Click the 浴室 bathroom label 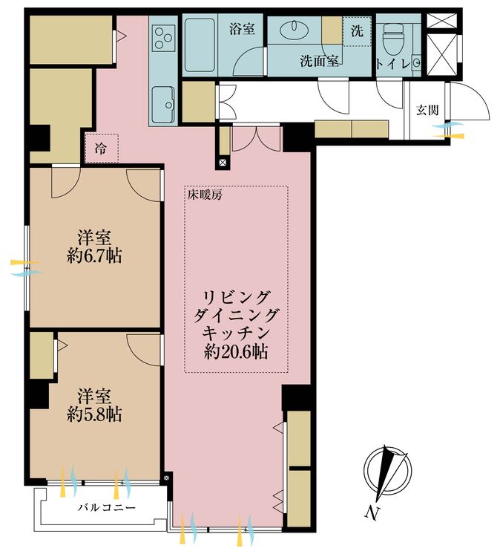point(242,29)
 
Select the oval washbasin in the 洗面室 point(295,29)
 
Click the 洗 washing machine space point(357,31)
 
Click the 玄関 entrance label point(427,111)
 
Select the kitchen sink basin point(163,102)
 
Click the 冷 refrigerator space point(101,148)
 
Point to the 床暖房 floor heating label point(205,195)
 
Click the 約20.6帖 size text point(236,352)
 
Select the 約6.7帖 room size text point(94,255)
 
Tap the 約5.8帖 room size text point(94,414)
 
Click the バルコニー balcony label point(107,507)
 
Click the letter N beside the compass point(372,513)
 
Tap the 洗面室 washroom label point(319,62)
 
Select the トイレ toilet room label point(393,64)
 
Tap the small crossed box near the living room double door point(223,163)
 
